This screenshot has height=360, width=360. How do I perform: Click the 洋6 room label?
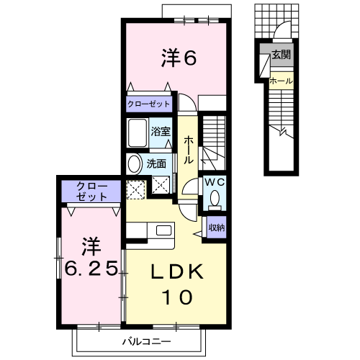[179, 57]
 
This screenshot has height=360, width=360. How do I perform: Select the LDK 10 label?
[177, 284]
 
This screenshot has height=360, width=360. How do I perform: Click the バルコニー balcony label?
[147, 341]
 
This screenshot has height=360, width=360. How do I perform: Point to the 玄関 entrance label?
[282, 55]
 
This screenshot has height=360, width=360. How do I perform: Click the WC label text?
[215, 182]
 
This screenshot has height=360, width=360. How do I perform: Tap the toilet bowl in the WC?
[215, 199]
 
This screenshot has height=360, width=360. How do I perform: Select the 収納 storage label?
[217, 228]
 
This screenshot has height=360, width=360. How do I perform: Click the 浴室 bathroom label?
[161, 131]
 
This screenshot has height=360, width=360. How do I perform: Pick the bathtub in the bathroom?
[138, 132]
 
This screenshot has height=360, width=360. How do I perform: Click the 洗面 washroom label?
[156, 164]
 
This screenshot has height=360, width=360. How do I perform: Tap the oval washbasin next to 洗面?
[134, 164]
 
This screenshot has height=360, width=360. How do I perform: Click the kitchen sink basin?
[163, 230]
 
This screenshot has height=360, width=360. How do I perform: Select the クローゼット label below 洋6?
[148, 104]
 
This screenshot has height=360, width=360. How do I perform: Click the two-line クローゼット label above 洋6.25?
[91, 192]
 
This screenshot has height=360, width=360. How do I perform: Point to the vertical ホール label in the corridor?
[189, 150]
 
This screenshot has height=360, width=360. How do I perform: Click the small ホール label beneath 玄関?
[281, 81]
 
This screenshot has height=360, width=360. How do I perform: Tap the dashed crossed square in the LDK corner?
[136, 190]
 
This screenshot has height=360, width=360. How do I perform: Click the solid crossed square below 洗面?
[161, 185]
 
